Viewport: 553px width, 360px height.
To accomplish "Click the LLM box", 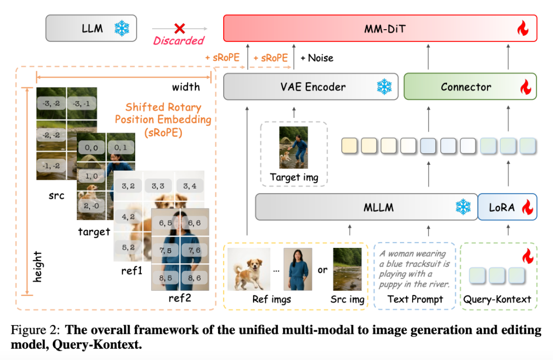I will point(91,28).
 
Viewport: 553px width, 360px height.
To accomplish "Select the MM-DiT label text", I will point(380,29).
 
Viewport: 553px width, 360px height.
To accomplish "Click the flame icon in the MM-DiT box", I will point(522,29).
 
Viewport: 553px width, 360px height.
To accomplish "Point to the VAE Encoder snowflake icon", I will point(384,87).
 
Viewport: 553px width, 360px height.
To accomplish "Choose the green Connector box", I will point(470,87).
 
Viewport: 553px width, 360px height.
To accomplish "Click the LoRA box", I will point(507,207).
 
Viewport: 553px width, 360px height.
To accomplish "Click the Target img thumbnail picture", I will point(293,147).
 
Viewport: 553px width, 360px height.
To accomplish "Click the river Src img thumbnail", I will point(347,269).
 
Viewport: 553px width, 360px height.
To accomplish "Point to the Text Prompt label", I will point(415,299).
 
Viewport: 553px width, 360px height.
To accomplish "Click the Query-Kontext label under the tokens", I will point(497,299).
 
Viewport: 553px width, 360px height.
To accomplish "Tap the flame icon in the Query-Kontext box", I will point(526,255).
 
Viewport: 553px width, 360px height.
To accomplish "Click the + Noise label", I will point(317,58).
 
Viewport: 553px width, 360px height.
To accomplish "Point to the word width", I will point(185,87).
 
